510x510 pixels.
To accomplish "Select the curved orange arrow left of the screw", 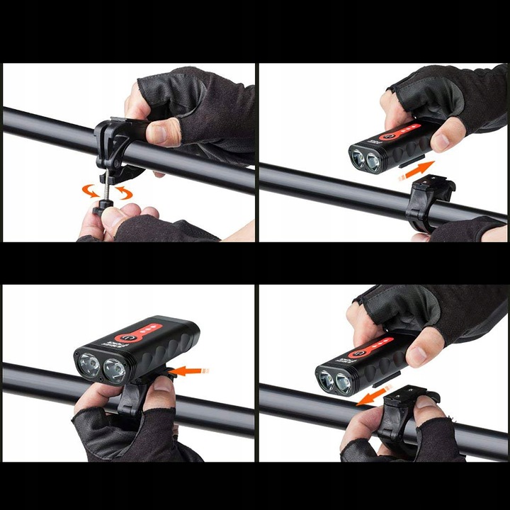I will click(x=91, y=190).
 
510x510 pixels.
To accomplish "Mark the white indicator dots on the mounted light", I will click(x=147, y=329).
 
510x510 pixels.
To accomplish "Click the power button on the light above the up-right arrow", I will click(x=387, y=135).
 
